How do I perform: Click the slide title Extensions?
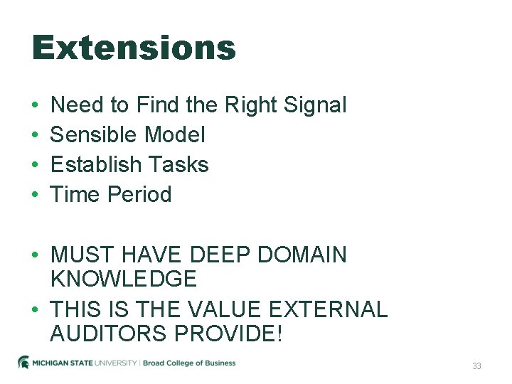tap(134, 48)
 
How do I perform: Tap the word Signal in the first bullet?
tap(315, 105)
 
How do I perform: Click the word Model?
tap(174, 135)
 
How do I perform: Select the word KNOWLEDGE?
tap(124, 279)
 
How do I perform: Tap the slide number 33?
tap(476, 366)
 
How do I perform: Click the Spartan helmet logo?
tap(23, 363)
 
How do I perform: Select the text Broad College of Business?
tap(189, 363)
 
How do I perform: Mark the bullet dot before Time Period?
tap(35, 195)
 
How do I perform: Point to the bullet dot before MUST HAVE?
tap(35, 255)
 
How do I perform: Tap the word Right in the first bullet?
tap(251, 105)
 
